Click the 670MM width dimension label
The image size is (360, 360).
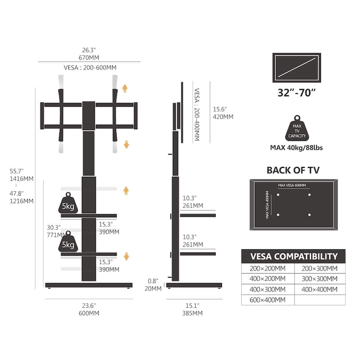[x=89, y=58]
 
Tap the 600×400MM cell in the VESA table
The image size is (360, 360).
[x=268, y=300]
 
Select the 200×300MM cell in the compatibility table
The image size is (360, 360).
[x=319, y=268]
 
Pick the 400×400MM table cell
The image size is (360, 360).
[x=319, y=289]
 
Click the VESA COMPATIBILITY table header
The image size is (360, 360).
[x=293, y=256]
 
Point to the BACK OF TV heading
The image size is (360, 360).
[x=293, y=170]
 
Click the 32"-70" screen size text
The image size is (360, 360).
[x=297, y=93]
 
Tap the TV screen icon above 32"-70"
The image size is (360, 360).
[x=297, y=68]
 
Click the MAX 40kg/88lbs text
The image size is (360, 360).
[x=297, y=148]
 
